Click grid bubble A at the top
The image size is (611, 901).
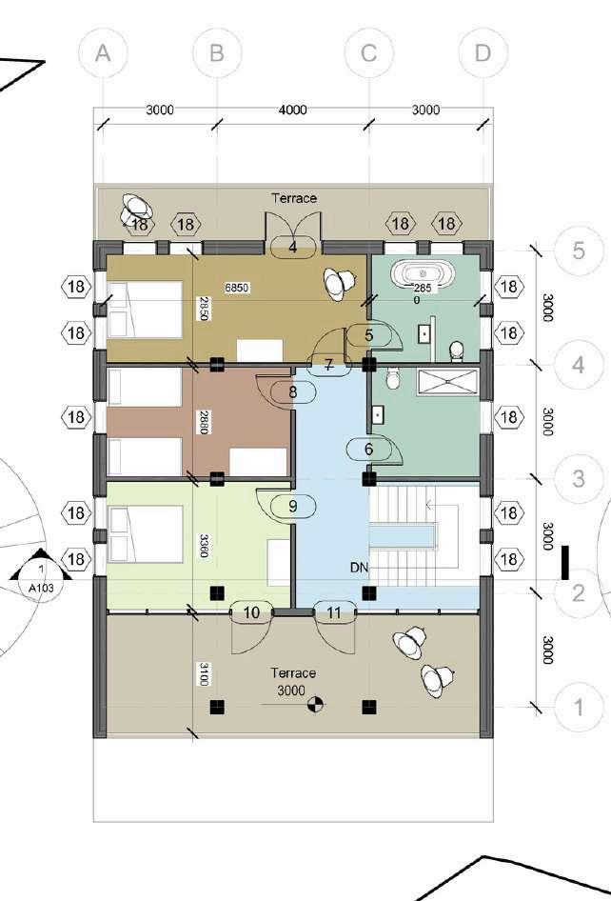pyautogui.click(x=103, y=53)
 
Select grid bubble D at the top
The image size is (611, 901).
pyautogui.click(x=483, y=53)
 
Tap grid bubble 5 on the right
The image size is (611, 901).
pyautogui.click(x=579, y=250)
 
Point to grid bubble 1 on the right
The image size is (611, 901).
pyautogui.click(x=579, y=707)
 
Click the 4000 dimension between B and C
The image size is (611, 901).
pyautogui.click(x=292, y=110)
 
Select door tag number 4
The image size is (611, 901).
pyautogui.click(x=293, y=248)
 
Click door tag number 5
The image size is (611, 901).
pyautogui.click(x=368, y=335)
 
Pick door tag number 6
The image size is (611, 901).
pyautogui.click(x=368, y=450)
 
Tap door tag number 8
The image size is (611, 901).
pyautogui.click(x=293, y=392)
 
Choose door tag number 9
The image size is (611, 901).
pyautogui.click(x=293, y=507)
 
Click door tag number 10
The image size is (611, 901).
pyautogui.click(x=251, y=612)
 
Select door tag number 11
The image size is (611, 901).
pyautogui.click(x=334, y=612)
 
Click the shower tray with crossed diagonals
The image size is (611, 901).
pyautogui.click(x=447, y=382)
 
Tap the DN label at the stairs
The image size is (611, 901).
pyautogui.click(x=359, y=568)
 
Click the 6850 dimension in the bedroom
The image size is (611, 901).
pyautogui.click(x=237, y=287)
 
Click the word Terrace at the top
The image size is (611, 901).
pyautogui.click(x=293, y=198)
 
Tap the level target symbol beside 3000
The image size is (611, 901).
pyautogui.click(x=315, y=703)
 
